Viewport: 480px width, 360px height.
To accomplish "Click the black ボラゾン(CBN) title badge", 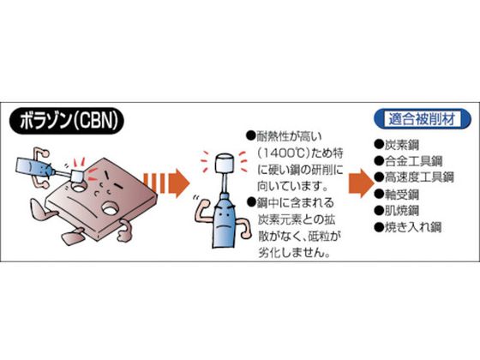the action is [67, 121].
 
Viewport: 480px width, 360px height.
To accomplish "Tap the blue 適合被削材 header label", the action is [422, 119].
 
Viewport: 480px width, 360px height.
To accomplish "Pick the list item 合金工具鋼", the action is [409, 161].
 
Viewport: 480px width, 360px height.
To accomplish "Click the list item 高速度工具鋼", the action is [414, 177].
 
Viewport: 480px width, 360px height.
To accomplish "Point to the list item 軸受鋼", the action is [397, 194].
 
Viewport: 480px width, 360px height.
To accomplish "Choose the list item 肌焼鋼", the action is [397, 211].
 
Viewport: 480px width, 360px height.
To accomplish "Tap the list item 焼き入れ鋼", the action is [408, 227].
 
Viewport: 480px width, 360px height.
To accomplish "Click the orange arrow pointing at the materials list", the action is [361, 183].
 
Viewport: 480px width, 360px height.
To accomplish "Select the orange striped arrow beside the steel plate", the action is [167, 183].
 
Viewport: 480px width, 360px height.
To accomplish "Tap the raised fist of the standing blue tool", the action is [202, 205].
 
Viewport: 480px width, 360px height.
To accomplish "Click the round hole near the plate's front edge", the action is [110, 208].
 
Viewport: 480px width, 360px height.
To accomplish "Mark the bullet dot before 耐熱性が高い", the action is [250, 135].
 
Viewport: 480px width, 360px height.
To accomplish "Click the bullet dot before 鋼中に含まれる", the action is [251, 202].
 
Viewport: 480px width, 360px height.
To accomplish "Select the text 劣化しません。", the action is [294, 252].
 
